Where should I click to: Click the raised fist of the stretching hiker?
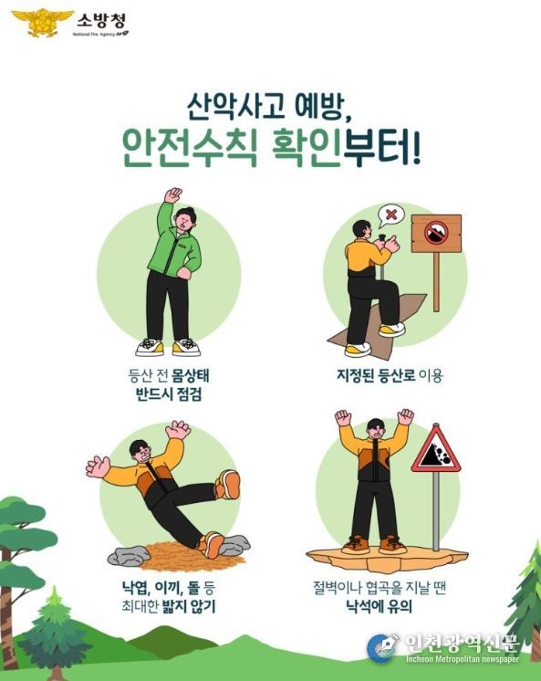[x=172, y=194]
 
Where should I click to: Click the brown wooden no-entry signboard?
[x=436, y=234]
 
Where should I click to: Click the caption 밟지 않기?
[x=198, y=604]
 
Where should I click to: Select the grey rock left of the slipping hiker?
[x=128, y=554]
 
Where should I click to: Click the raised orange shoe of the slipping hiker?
[x=228, y=485]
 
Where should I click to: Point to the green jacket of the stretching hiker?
[x=176, y=248]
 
